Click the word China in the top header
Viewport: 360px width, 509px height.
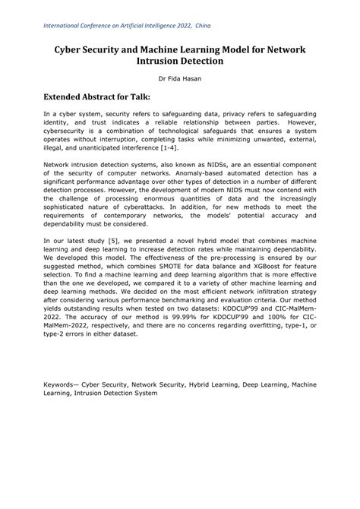click(x=204, y=25)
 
